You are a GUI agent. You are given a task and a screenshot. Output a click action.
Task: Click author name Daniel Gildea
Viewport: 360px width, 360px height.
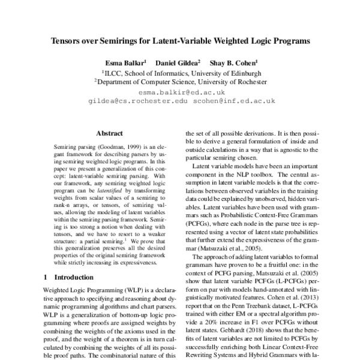click(x=178, y=62)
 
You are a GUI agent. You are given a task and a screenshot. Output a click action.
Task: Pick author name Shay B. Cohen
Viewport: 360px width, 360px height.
click(x=233, y=62)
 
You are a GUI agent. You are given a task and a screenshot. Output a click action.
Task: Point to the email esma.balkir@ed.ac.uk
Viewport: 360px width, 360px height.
click(x=181, y=92)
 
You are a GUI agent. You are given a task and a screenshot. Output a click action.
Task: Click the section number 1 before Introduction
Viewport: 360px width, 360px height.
click(x=47, y=277)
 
